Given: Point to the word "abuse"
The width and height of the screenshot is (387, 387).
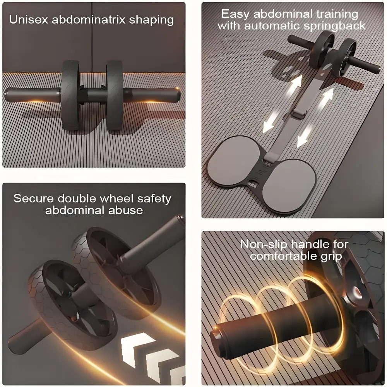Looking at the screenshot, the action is pos(126,210).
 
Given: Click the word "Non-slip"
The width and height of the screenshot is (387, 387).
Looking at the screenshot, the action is pos(264,244).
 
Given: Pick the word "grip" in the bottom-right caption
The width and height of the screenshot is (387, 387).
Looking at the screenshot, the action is pos(331,257).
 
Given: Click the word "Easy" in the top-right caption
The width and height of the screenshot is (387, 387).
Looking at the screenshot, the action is pos(235,14).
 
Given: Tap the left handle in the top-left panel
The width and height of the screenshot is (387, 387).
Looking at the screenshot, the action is pos(33,95).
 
